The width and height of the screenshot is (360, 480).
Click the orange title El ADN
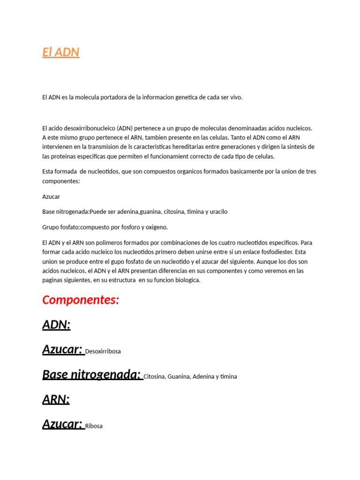click(60, 52)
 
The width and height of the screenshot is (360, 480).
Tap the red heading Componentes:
click(81, 300)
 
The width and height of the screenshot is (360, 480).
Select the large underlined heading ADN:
click(56, 324)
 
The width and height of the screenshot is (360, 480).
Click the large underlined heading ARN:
click(56, 399)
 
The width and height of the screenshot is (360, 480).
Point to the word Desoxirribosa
click(103, 351)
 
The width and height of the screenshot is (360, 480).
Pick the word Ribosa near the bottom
click(94, 426)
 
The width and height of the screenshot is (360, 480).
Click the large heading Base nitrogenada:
click(91, 375)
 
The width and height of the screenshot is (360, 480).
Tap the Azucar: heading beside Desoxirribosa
click(62, 349)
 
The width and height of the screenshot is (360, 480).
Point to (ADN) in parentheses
click(125, 128)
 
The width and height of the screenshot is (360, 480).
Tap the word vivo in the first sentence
click(236, 97)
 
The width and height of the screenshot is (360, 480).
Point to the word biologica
click(186, 280)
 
